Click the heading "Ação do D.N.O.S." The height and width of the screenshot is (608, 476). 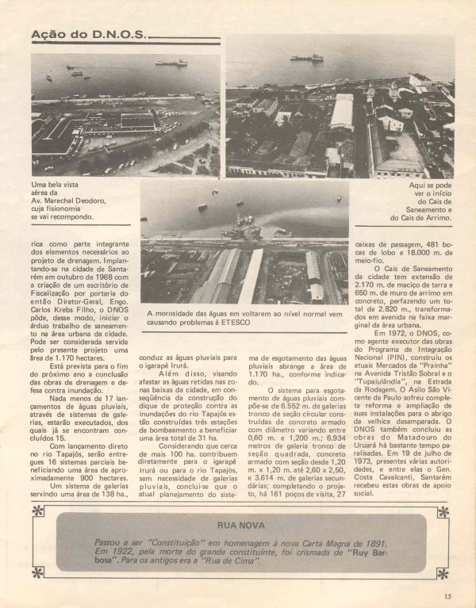[x=88, y=35]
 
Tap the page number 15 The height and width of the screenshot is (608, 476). [x=448, y=595]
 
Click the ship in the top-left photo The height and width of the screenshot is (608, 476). [x=171, y=61]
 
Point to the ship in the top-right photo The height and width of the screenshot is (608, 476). [x=307, y=57]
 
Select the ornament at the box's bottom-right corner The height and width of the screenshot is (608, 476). [x=442, y=572]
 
